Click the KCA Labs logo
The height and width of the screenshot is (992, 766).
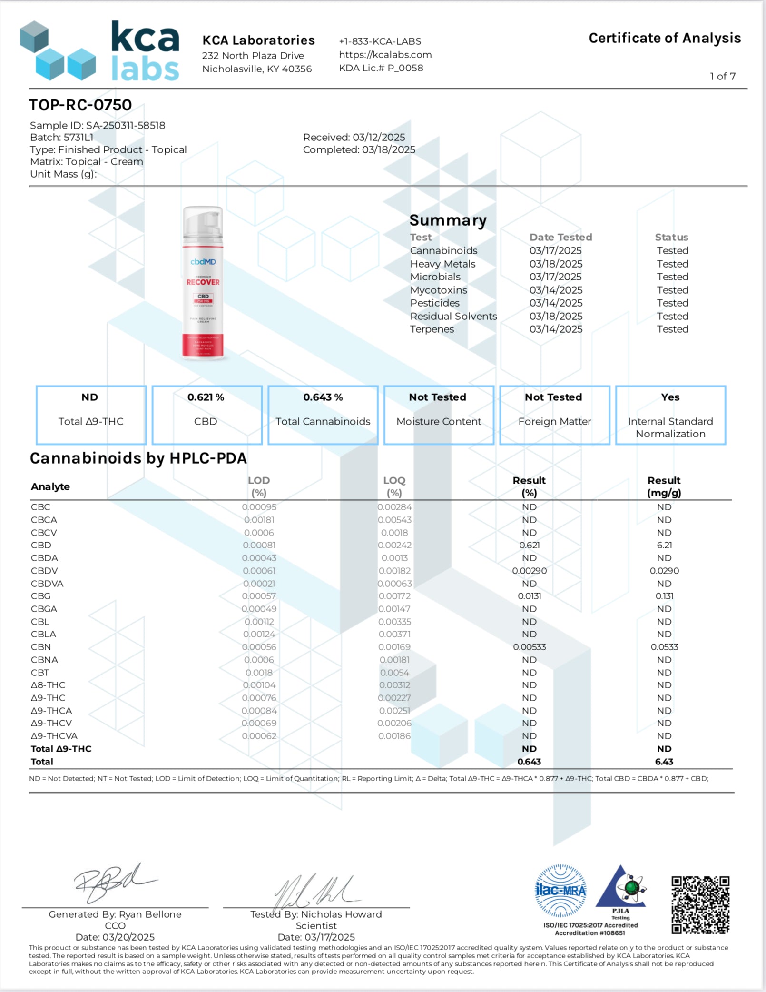pyautogui.click(x=100, y=50)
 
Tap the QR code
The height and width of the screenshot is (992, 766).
pyautogui.click(x=700, y=904)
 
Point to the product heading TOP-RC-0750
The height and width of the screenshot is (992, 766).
pyautogui.click(x=80, y=105)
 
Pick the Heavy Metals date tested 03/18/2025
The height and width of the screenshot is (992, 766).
pyautogui.click(x=555, y=264)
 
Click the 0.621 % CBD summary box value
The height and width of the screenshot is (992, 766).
pyautogui.click(x=206, y=397)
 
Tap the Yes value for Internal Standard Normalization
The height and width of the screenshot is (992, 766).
pyautogui.click(x=670, y=397)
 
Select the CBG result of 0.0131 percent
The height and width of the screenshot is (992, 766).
pyautogui.click(x=529, y=596)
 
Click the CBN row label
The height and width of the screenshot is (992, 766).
pyautogui.click(x=41, y=647)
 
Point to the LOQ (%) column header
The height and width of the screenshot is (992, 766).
pyautogui.click(x=394, y=486)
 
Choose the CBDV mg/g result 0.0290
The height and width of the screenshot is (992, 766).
pyautogui.click(x=664, y=571)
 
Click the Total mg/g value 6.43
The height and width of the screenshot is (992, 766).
pyautogui.click(x=664, y=762)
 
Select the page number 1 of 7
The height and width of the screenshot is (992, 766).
pyautogui.click(x=723, y=76)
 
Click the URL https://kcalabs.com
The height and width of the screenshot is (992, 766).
pyautogui.click(x=385, y=55)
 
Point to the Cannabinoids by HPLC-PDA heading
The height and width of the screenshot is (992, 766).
pyautogui.click(x=138, y=458)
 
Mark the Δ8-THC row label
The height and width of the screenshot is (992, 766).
pyautogui.click(x=48, y=685)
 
